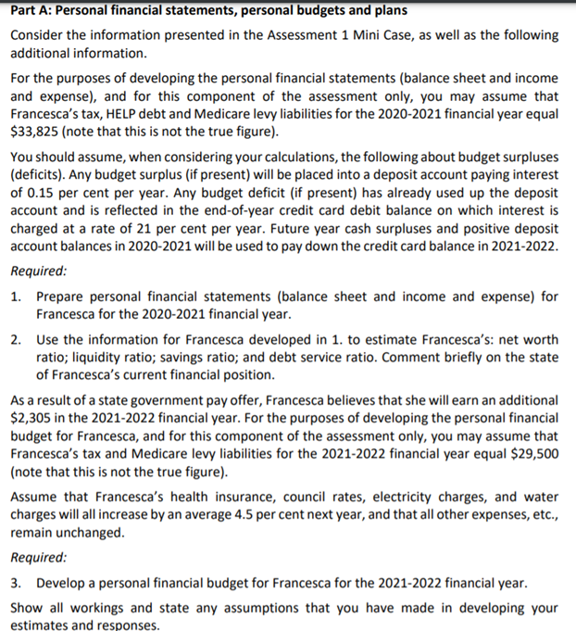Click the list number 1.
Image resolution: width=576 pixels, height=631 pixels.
(x=17, y=297)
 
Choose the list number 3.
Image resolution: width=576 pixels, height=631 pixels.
(x=17, y=584)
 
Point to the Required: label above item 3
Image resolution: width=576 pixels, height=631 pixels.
(x=39, y=558)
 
